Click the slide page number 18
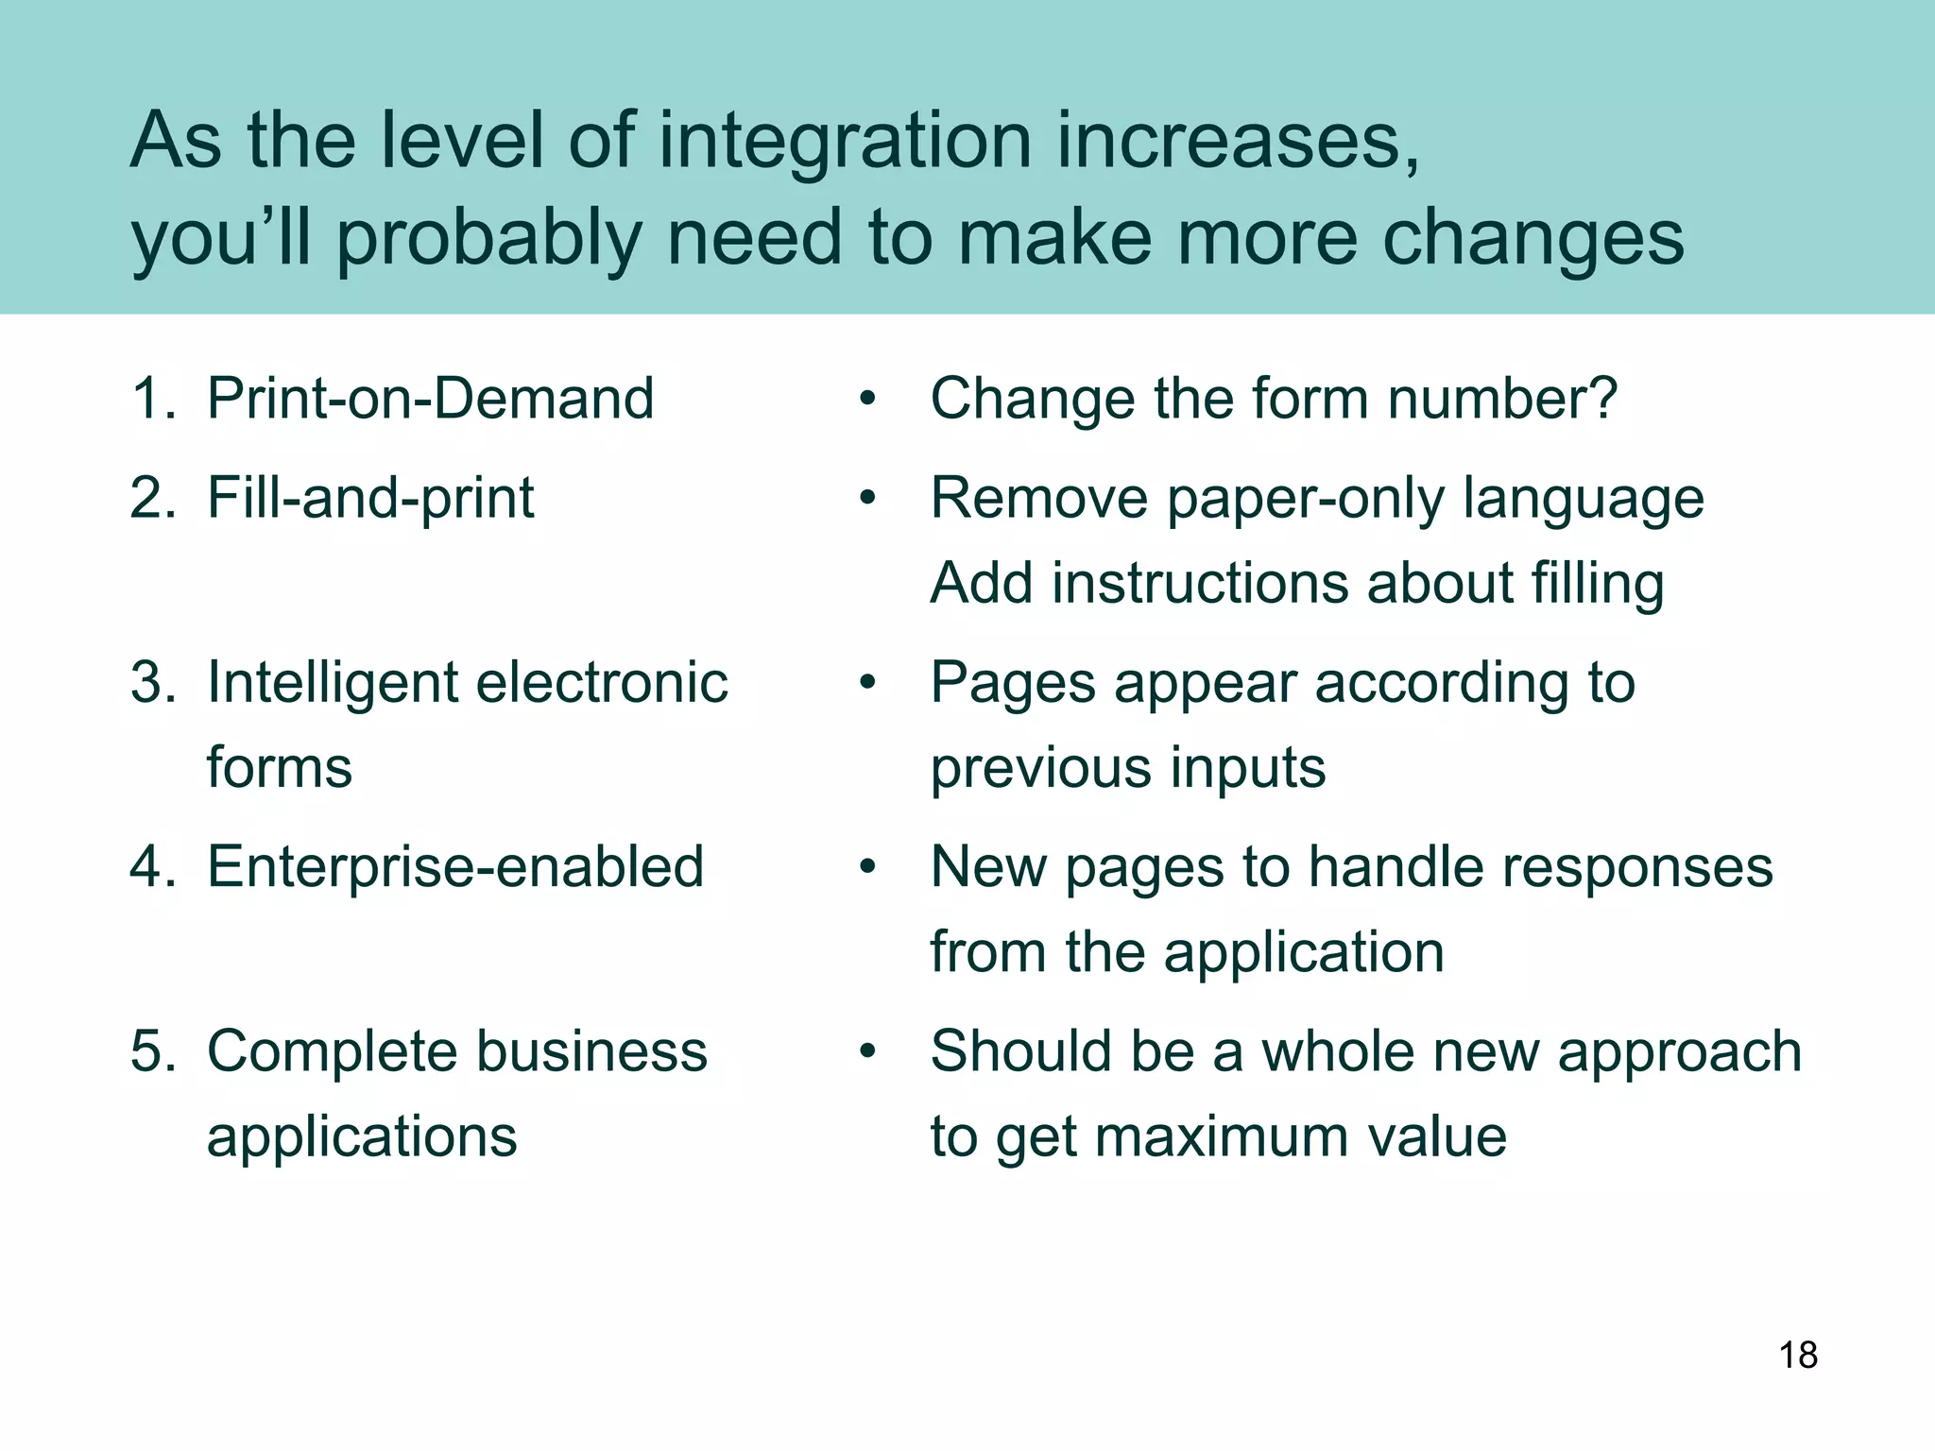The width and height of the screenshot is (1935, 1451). click(1798, 1355)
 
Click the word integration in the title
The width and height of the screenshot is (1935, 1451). click(844, 142)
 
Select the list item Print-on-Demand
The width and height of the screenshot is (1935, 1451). click(430, 398)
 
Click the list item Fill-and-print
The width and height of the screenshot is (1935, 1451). click(370, 498)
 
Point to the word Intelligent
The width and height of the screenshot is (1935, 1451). click(332, 682)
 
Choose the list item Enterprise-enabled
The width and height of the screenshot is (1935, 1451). click(455, 866)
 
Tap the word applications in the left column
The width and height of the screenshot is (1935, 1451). click(362, 1136)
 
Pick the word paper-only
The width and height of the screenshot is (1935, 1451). click(1307, 500)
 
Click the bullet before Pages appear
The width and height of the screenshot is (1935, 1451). click(867, 682)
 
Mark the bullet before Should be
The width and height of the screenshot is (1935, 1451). click(867, 1051)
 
